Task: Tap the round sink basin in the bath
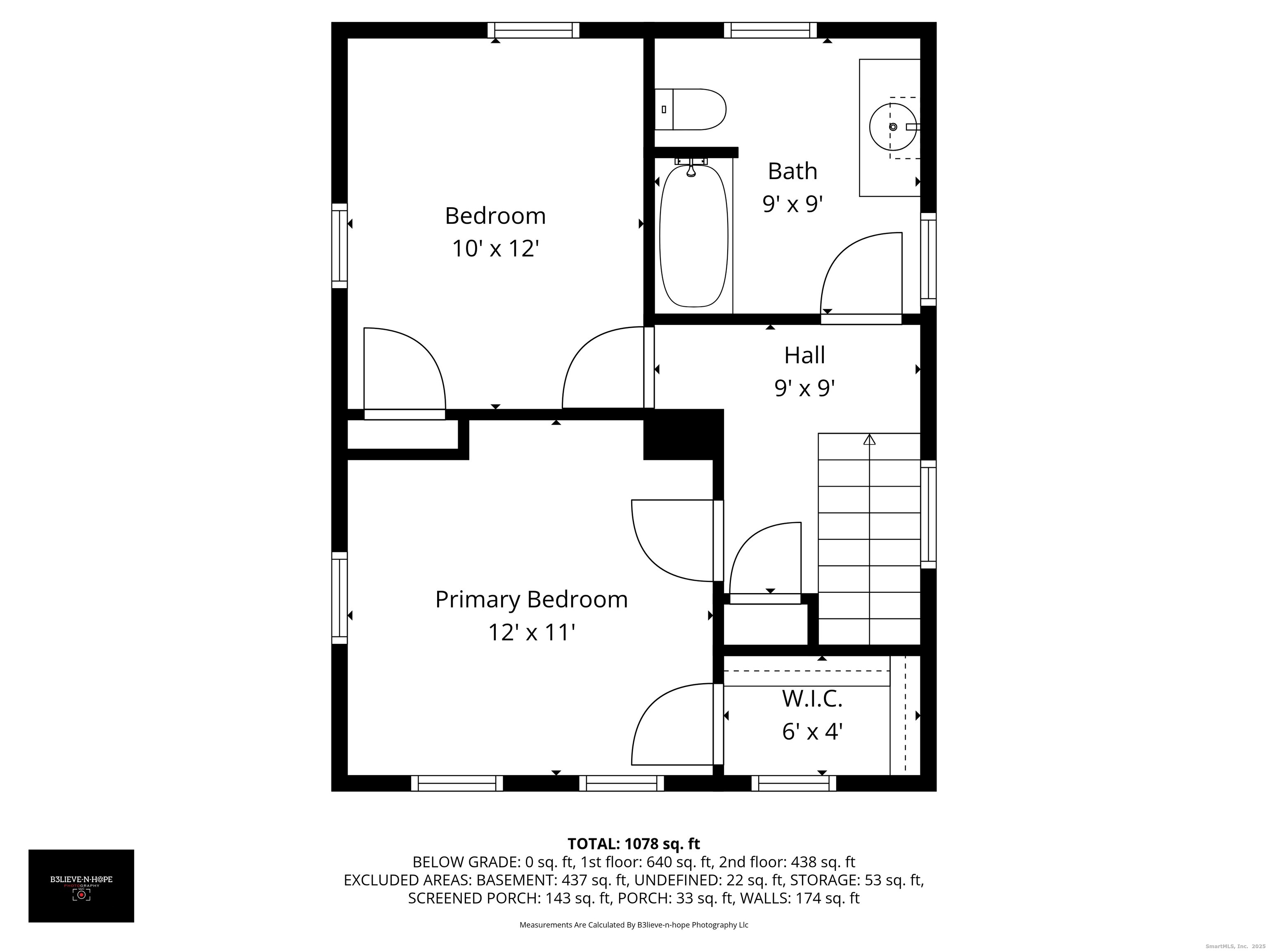click(892, 127)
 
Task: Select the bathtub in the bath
click(693, 236)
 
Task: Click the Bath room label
click(792, 171)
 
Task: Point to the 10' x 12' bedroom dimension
click(495, 249)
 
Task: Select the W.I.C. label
click(812, 699)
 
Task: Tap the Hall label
click(804, 355)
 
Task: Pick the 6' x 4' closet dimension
click(812, 732)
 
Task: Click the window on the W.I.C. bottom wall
click(793, 783)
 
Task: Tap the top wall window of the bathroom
click(770, 30)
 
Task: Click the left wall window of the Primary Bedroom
click(339, 597)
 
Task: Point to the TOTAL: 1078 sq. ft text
click(634, 844)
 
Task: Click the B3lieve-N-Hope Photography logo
click(81, 886)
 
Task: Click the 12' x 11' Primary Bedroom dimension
click(531, 633)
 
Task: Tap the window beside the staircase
click(928, 514)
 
